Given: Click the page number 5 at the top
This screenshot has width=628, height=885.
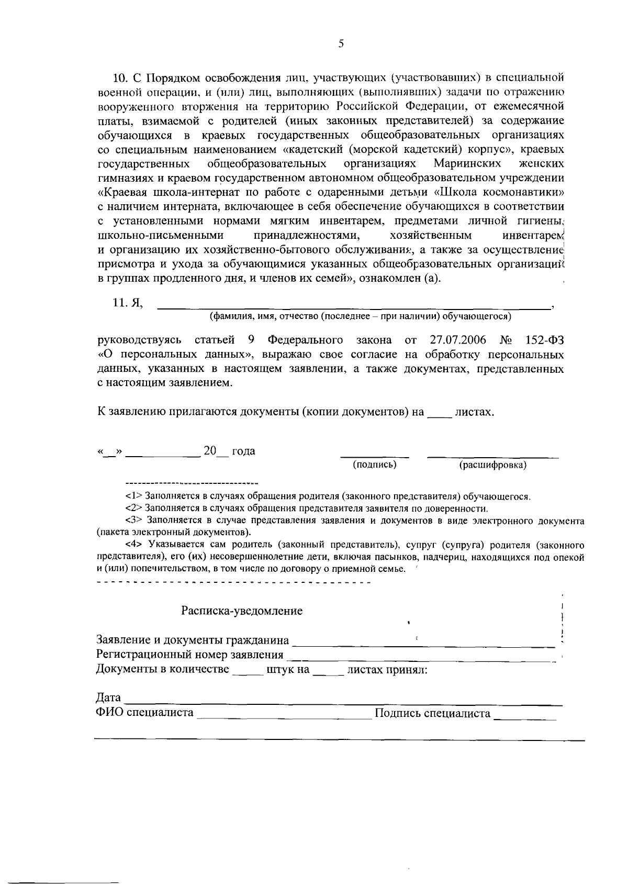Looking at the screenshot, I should pyautogui.click(x=341, y=44).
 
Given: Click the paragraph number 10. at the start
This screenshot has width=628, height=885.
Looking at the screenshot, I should pyautogui.click(x=121, y=78).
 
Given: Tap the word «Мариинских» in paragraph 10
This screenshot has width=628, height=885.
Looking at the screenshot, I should pyautogui.click(x=467, y=164).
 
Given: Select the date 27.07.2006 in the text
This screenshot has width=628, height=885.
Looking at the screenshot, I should pyautogui.click(x=458, y=340).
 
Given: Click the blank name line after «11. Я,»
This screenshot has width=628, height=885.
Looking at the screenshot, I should pyautogui.click(x=354, y=305).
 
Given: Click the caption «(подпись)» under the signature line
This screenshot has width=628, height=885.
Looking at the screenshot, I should pyautogui.click(x=375, y=464).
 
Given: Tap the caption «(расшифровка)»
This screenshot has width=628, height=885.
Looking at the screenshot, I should pyautogui.click(x=492, y=465).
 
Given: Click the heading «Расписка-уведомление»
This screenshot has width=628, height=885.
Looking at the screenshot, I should pyautogui.click(x=242, y=611).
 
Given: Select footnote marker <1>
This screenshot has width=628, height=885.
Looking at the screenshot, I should pyautogui.click(x=134, y=496).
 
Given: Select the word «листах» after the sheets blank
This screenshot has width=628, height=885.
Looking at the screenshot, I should pyautogui.click(x=474, y=412).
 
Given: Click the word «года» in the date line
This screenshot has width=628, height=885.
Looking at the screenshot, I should pyautogui.click(x=243, y=451).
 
